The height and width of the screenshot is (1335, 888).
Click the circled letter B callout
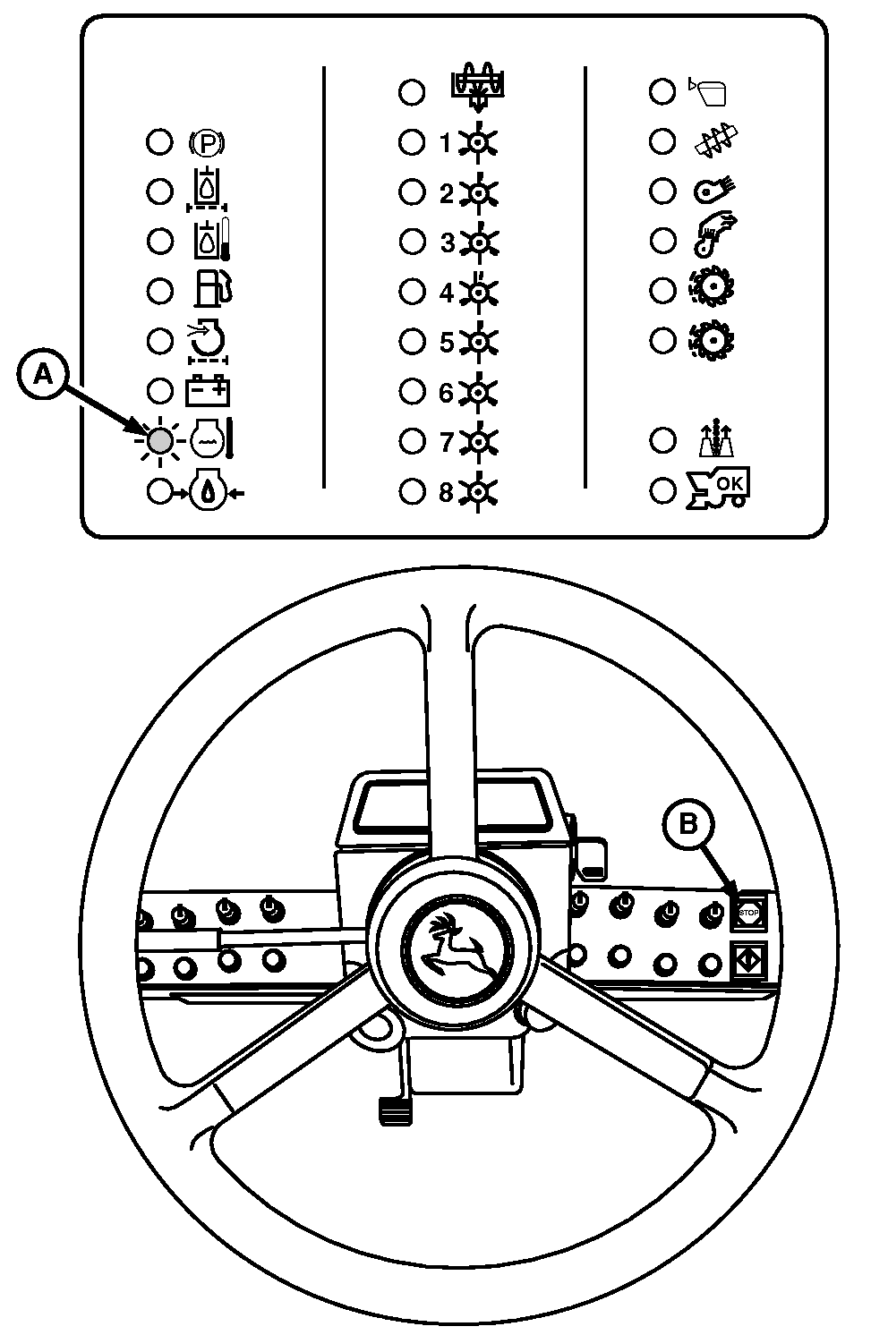[x=687, y=823]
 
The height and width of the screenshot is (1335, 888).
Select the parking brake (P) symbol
[x=208, y=142]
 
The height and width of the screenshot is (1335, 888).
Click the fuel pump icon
[x=213, y=290]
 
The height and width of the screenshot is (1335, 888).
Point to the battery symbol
[x=209, y=391]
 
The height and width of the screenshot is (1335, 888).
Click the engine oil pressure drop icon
[x=208, y=491]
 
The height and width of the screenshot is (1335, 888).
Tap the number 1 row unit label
[x=446, y=143]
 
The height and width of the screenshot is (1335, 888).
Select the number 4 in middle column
[x=446, y=293]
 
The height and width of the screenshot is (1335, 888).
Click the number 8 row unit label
[x=446, y=492]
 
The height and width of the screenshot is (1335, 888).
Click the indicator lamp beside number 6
[x=412, y=391]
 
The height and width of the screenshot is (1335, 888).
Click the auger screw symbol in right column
[x=716, y=142]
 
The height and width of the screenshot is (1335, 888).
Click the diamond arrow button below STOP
[x=747, y=961]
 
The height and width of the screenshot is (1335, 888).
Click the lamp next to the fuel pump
[x=160, y=291]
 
